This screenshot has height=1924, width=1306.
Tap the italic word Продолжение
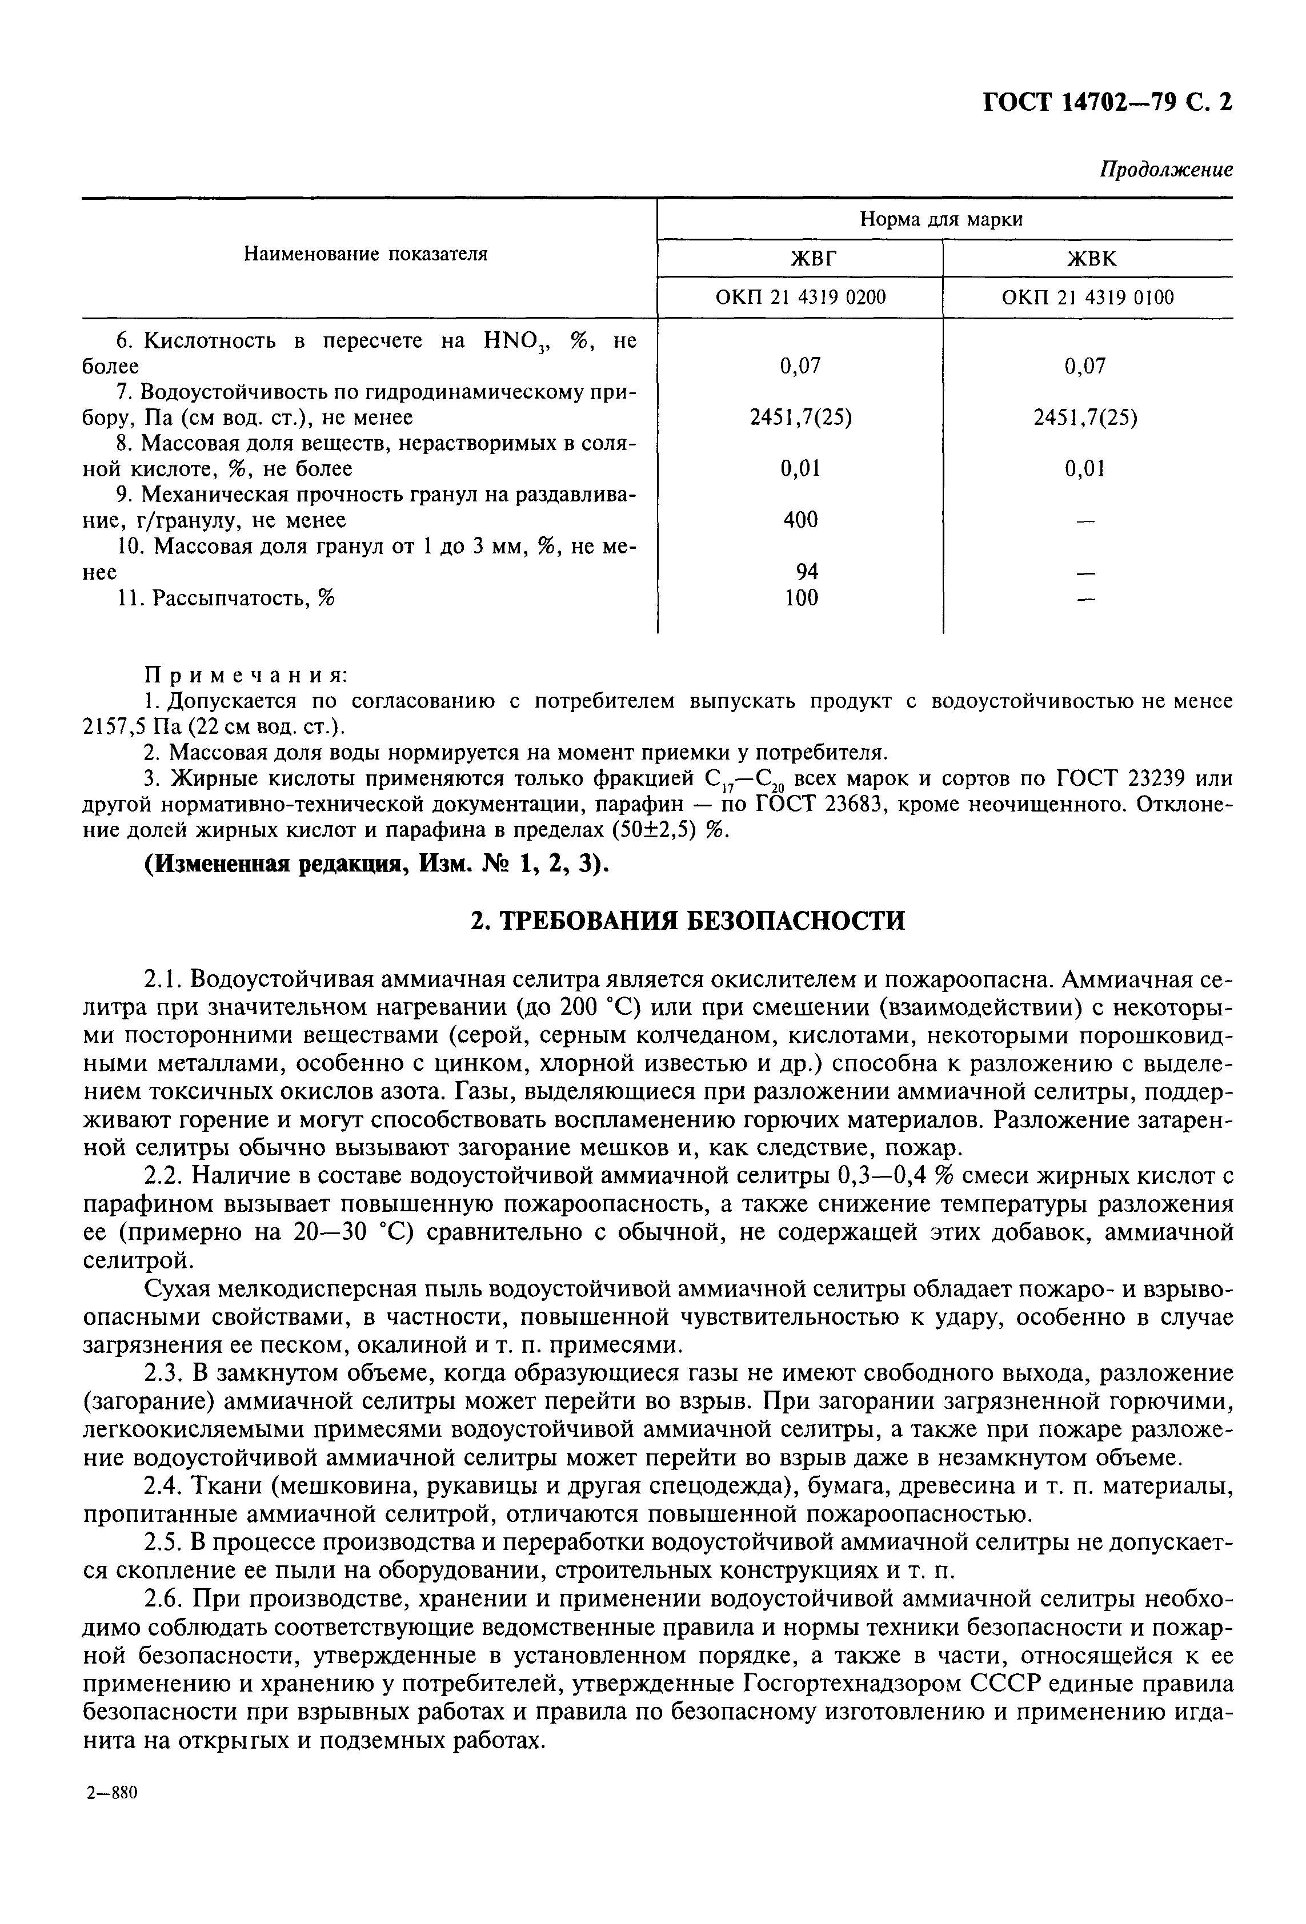(x=1165, y=169)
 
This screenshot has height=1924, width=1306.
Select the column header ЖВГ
(x=799, y=259)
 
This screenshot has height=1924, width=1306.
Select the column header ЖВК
(x=1087, y=259)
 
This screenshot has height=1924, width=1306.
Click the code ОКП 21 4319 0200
(x=799, y=297)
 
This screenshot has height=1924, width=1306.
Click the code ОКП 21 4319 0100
(x=1087, y=297)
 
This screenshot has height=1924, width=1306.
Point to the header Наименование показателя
(x=365, y=254)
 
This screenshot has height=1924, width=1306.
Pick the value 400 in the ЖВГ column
(x=800, y=520)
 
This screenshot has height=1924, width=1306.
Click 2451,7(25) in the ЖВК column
(x=1085, y=418)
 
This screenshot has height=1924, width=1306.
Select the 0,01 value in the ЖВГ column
(x=800, y=469)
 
